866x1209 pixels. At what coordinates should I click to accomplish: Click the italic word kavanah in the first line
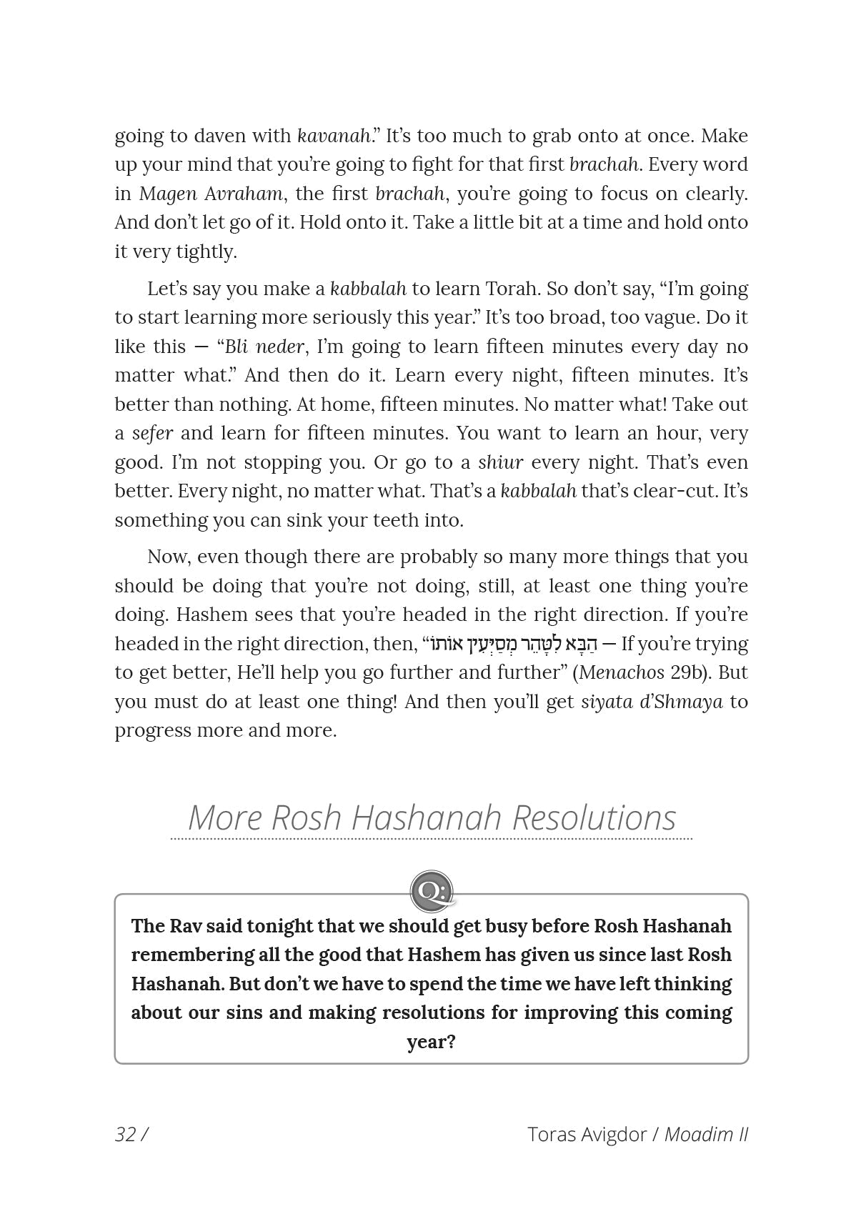coord(334,136)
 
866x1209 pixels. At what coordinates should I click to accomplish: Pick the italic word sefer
coord(152,433)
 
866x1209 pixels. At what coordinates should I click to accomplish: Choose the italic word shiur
coord(500,462)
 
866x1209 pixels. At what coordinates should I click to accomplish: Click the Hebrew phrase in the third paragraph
coord(512,644)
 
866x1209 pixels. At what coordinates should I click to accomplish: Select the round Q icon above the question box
coord(432,891)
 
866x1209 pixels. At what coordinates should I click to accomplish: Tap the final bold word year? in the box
coord(431,1042)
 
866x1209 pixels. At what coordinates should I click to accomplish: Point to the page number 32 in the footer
coord(126,1135)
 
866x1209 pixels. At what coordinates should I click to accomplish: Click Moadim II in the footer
coord(705,1135)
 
